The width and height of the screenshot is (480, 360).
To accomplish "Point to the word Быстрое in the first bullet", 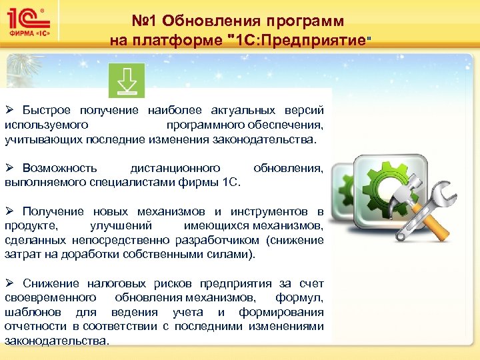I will pos(47,110).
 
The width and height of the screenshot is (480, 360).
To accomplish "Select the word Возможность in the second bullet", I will pos(60,168).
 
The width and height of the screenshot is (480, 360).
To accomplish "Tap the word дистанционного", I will pos(175,168).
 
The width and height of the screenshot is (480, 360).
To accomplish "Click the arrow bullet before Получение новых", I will pos(9,211).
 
